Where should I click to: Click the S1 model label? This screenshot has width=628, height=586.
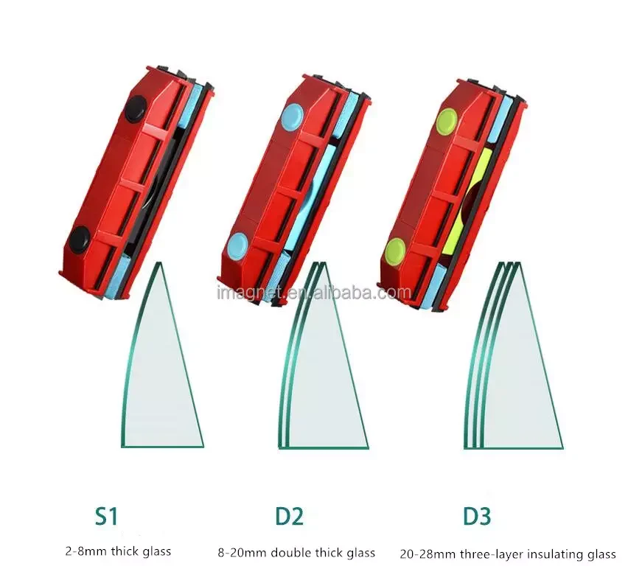pyautogui.click(x=106, y=516)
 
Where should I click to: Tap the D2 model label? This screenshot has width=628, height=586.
pyautogui.click(x=290, y=516)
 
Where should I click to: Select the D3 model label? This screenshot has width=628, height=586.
pyautogui.click(x=477, y=516)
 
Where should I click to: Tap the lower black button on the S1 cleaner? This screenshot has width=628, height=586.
pyautogui.click(x=80, y=239)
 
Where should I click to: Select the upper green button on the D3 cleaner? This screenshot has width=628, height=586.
pyautogui.click(x=447, y=121)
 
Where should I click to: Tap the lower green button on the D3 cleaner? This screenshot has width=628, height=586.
pyautogui.click(x=394, y=251)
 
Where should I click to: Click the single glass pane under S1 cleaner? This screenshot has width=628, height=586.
pyautogui.click(x=162, y=360)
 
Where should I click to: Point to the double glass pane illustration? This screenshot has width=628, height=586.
pyautogui.click(x=322, y=360)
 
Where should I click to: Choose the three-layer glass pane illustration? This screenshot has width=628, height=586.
pyautogui.click(x=513, y=360)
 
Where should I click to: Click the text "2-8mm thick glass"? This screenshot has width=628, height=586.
pyautogui.click(x=118, y=551)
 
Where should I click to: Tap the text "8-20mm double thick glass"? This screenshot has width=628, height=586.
pyautogui.click(x=296, y=553)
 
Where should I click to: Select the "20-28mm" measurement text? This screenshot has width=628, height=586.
pyautogui.click(x=428, y=554)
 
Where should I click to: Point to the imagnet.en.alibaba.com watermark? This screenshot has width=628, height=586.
pyautogui.click(x=313, y=293)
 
